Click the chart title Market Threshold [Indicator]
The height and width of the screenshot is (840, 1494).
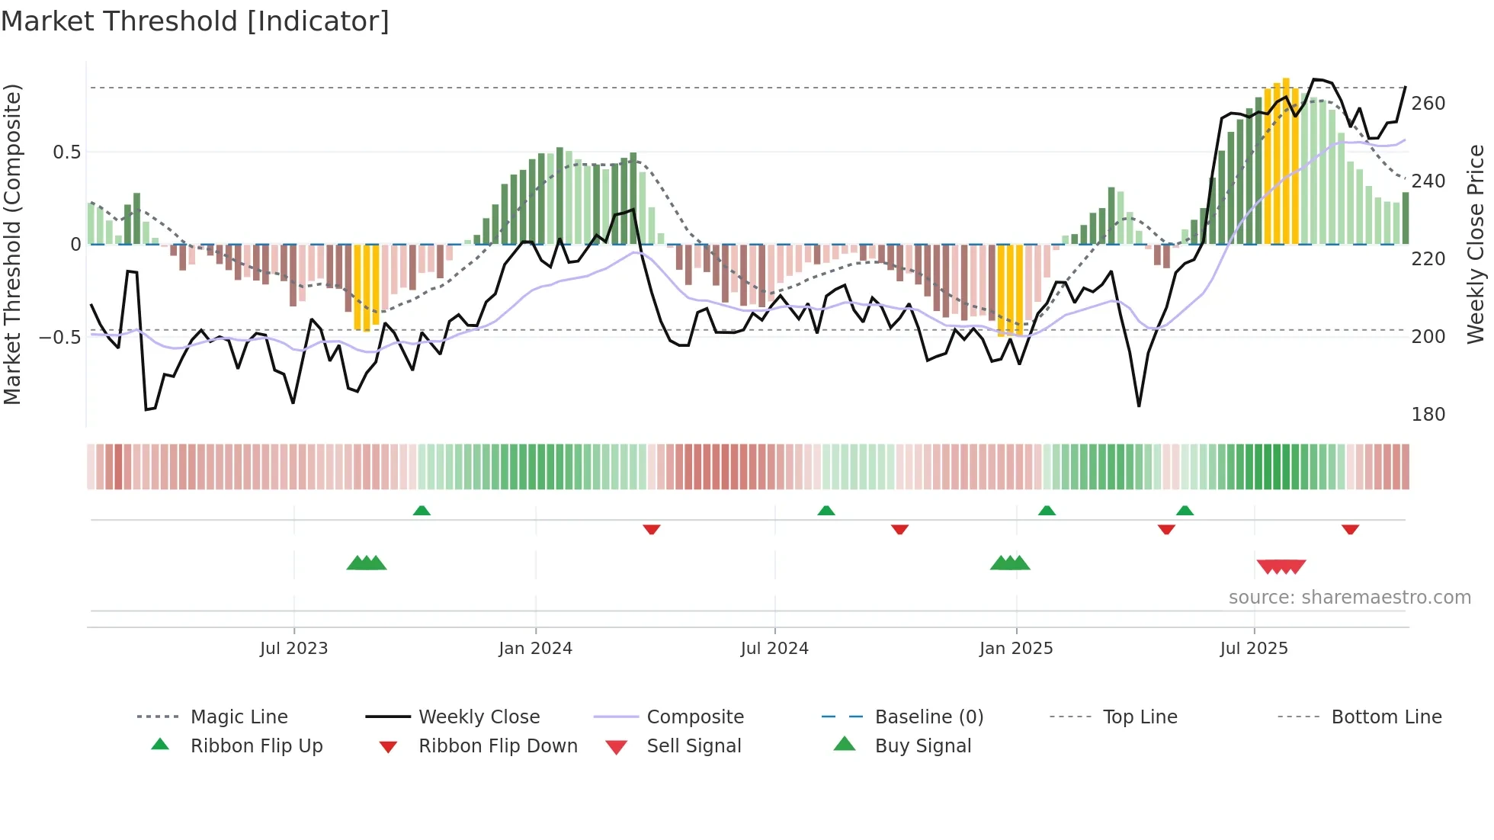[x=195, y=21]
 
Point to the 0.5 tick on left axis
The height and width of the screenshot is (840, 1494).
[x=67, y=152]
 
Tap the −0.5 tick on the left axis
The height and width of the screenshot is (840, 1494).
[x=61, y=337]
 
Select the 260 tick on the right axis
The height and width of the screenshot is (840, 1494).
[x=1428, y=104]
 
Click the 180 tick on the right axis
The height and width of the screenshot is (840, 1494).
[x=1428, y=415]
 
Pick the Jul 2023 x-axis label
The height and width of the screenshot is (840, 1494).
[x=293, y=649]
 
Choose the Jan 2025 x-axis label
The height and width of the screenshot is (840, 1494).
[x=1015, y=649]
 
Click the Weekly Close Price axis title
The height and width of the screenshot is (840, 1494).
[x=1476, y=244]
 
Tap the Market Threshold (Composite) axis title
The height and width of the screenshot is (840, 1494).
[x=12, y=244]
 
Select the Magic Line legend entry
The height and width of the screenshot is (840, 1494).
[x=239, y=717]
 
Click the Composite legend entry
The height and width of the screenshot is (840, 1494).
[x=694, y=717]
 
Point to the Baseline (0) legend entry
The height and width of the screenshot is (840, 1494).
[x=928, y=717]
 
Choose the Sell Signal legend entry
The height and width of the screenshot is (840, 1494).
[x=693, y=746]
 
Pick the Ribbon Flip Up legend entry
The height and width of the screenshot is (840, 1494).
[x=256, y=746]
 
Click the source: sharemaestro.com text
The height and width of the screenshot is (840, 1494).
[x=1349, y=598]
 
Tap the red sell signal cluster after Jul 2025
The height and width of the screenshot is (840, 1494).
[x=1281, y=566]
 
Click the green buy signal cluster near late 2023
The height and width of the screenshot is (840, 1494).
[x=367, y=563]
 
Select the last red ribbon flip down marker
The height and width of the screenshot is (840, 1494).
[x=1350, y=529]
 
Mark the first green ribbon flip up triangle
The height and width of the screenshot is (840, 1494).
[x=422, y=511]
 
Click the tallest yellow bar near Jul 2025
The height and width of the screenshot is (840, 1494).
[x=1286, y=160]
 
